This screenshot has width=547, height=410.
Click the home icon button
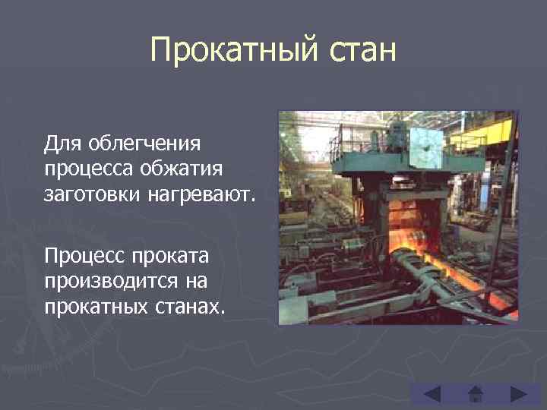[x=476, y=395]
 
